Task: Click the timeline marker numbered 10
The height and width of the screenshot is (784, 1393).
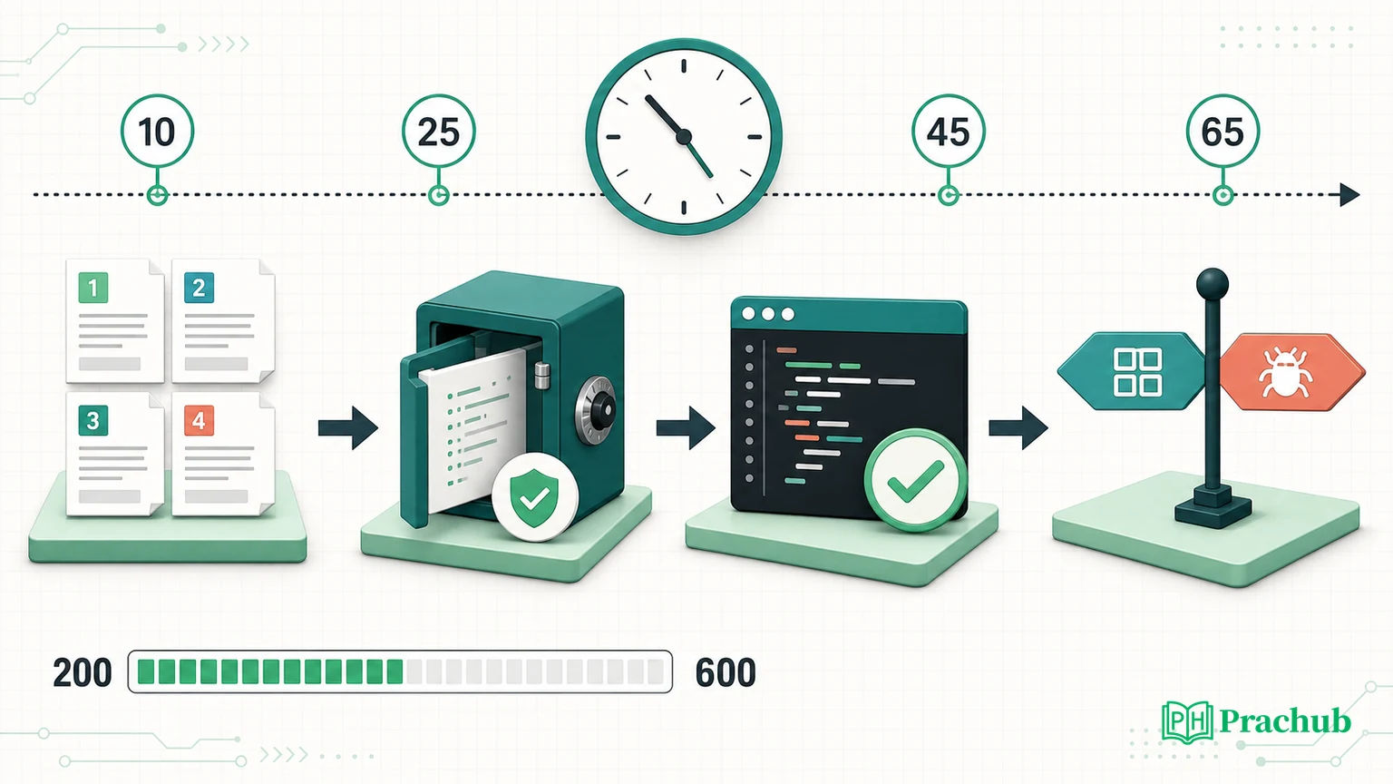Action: tap(157, 132)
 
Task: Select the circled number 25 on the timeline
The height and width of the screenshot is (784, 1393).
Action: tap(438, 132)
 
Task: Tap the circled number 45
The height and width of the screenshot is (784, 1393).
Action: tap(949, 132)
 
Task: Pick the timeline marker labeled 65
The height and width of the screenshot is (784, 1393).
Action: tap(1223, 132)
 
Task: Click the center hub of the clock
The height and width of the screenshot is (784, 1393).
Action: tap(684, 136)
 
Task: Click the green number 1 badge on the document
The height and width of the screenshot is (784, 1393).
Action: tap(93, 288)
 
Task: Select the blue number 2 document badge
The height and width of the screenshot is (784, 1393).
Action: tap(199, 288)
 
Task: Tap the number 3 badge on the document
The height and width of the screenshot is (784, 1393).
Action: tap(93, 420)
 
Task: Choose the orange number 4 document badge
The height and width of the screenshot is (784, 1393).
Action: tap(199, 420)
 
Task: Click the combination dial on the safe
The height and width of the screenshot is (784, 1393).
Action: tap(597, 409)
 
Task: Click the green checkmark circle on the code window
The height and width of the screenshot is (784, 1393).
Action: tap(915, 480)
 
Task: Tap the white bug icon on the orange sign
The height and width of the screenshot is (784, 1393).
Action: tap(1285, 372)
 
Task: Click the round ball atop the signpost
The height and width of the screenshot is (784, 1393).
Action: tap(1212, 284)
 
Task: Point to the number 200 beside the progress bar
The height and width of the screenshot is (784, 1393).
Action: tap(83, 672)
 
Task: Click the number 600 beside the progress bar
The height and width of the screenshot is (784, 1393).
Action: tap(726, 672)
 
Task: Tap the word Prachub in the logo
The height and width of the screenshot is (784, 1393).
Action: tap(1285, 721)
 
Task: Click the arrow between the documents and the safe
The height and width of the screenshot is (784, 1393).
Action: tap(348, 427)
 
